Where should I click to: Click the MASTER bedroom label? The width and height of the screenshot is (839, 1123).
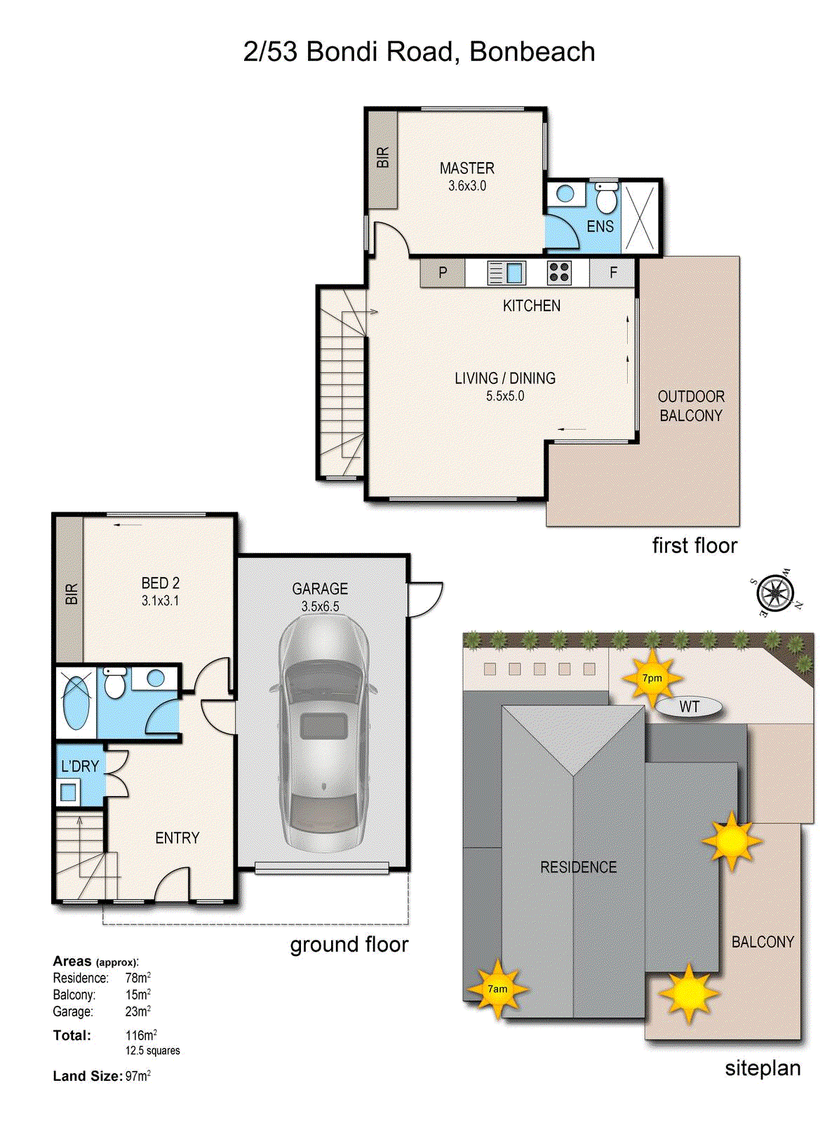pyautogui.click(x=467, y=168)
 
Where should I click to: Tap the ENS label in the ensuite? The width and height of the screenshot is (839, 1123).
pyautogui.click(x=600, y=227)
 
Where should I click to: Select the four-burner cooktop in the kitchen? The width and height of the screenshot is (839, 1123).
pyautogui.click(x=559, y=272)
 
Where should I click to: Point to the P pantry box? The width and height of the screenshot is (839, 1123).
pyautogui.click(x=443, y=272)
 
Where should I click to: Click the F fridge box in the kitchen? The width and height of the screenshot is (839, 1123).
pyautogui.click(x=613, y=272)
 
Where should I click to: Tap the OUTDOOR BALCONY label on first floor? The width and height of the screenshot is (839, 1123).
pyautogui.click(x=690, y=406)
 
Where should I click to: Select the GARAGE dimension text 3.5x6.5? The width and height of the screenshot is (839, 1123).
pyautogui.click(x=320, y=606)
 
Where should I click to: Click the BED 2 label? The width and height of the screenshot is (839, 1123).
pyautogui.click(x=160, y=583)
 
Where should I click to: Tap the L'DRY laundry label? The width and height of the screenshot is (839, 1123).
pyautogui.click(x=79, y=766)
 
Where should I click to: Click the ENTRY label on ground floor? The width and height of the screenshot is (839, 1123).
pyautogui.click(x=177, y=838)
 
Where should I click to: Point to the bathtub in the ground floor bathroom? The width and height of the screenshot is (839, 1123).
pyautogui.click(x=76, y=702)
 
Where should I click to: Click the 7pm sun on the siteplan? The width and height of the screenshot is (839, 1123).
pyautogui.click(x=652, y=678)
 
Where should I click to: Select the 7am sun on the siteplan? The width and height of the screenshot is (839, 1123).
pyautogui.click(x=497, y=989)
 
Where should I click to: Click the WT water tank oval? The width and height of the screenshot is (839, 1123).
pyautogui.click(x=689, y=707)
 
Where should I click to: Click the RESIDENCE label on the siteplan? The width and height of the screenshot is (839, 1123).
pyautogui.click(x=578, y=868)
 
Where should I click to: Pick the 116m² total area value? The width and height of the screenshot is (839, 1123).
pyautogui.click(x=140, y=1035)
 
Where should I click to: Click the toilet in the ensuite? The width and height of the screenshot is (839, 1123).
pyautogui.click(x=606, y=199)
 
